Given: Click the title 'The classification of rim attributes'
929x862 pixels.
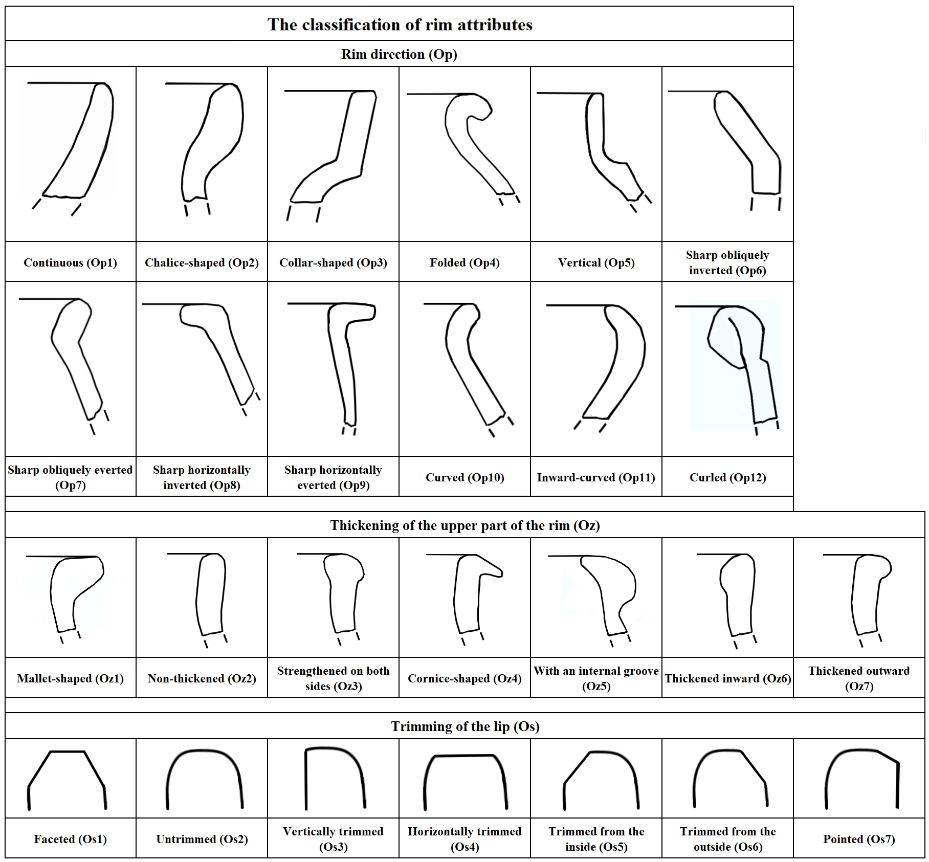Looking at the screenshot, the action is coord(400,25).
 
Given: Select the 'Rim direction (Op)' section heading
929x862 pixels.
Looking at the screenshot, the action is coord(399,54).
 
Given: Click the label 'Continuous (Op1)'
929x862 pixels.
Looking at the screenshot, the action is coord(70,262).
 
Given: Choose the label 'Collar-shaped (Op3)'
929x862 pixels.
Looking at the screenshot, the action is coord(333,262).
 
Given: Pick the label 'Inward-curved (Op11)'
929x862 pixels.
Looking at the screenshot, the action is coord(596,477).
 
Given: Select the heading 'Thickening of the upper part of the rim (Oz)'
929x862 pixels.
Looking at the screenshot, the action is coord(465,525).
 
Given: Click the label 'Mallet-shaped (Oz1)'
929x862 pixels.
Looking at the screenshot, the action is coord(70,678).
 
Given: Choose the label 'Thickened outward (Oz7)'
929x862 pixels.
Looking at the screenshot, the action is coord(859,678).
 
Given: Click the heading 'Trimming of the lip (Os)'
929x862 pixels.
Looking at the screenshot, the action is coord(465,726).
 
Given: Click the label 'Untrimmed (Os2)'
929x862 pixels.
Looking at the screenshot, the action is coord(202,839).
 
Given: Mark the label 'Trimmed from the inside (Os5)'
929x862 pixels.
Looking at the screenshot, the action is coord(596,839).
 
